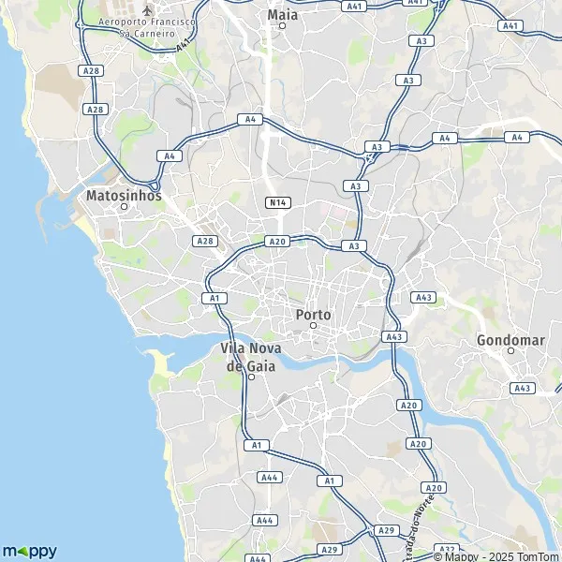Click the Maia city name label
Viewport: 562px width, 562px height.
click(x=282, y=14)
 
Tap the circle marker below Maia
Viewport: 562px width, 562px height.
click(x=282, y=26)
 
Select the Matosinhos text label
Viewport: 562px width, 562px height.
click(x=123, y=197)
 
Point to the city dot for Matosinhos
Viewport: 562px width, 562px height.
click(x=124, y=207)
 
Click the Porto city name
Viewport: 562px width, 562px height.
click(x=313, y=315)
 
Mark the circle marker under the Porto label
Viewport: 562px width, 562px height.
click(x=314, y=326)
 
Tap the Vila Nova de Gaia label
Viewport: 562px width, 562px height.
click(x=251, y=356)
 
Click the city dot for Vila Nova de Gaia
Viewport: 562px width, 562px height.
click(x=251, y=377)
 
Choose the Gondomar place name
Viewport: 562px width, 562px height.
click(x=510, y=340)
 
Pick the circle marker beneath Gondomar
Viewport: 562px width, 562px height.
click(x=510, y=351)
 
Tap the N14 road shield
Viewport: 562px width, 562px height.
click(x=276, y=201)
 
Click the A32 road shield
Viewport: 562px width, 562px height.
click(x=447, y=549)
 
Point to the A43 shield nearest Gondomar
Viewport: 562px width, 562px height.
click(x=522, y=388)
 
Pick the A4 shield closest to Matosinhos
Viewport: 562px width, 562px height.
click(x=169, y=156)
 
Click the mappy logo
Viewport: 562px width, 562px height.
click(x=29, y=551)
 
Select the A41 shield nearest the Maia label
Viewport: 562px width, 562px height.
click(x=353, y=6)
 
